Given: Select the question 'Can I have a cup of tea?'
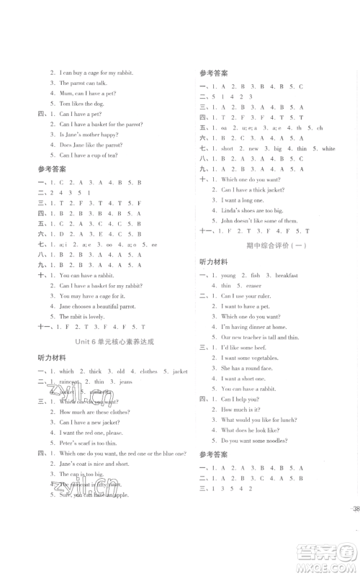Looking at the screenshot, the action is [x=90, y=155].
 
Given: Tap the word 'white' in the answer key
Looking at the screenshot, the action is [x=328, y=148].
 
